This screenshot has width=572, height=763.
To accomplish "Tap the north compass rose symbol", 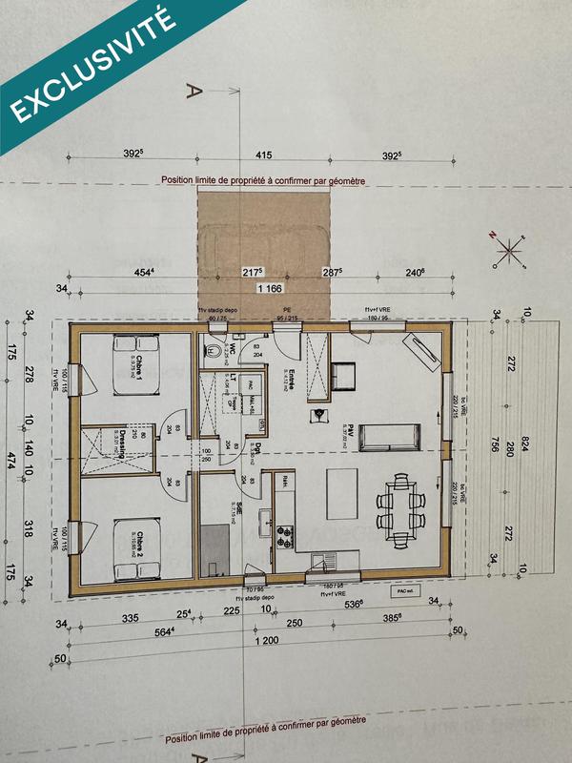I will (x=511, y=252).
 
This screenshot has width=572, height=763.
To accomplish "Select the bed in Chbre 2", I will (x=134, y=549).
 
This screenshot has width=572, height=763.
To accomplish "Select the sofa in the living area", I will (x=390, y=435).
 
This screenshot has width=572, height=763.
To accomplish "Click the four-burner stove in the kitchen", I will (x=284, y=535).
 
